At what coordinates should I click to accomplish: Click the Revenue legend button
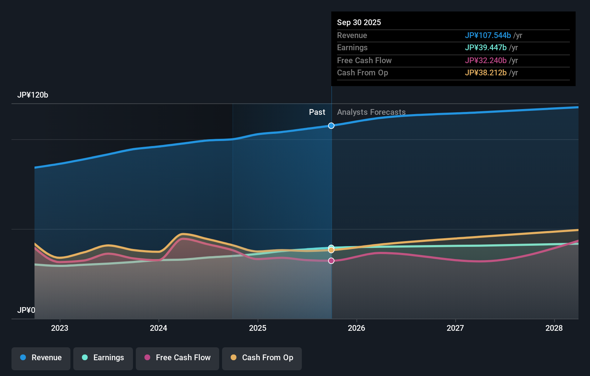pos(41,358)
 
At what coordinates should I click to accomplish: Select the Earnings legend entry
pos(103,358)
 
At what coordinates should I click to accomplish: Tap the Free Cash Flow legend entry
pos(178,358)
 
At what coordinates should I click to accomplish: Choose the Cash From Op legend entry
pos(262,358)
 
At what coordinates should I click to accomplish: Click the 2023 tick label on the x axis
pos(60,328)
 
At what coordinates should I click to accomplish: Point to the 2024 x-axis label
pos(158,328)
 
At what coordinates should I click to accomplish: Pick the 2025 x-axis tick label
pos(258,328)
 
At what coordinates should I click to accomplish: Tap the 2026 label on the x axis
pos(356,328)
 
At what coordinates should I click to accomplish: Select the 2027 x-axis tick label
pos(455,328)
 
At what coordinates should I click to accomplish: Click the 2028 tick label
pos(554,328)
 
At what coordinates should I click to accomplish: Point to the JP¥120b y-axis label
pos(33,95)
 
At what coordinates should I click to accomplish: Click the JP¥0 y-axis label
pos(26,310)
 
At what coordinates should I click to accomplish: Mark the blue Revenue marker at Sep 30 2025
pos(331,126)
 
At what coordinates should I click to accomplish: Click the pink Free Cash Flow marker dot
pos(331,261)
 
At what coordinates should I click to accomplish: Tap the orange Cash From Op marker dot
pos(331,250)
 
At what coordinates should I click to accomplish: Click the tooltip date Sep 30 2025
pos(359,23)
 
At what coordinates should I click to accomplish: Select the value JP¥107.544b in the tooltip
pos(488,36)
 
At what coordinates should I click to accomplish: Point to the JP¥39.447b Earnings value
pos(485,48)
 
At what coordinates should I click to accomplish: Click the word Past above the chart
pos(317,112)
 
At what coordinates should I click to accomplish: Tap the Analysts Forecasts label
pos(371,112)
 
